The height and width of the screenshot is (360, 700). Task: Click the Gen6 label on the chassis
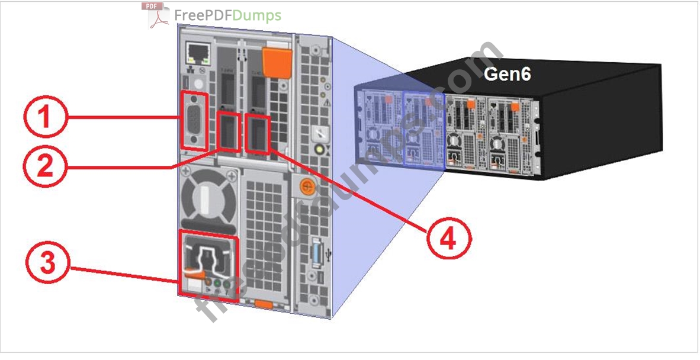click(508, 75)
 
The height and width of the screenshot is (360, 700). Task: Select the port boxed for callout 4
click(258, 134)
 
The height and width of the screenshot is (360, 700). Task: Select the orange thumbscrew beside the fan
click(306, 186)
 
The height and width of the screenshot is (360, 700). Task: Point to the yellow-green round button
click(321, 150)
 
